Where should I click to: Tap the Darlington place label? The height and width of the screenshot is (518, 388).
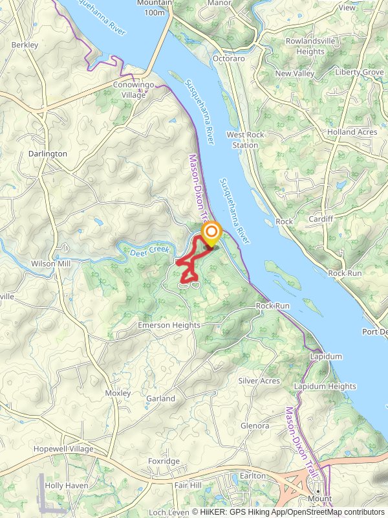48,154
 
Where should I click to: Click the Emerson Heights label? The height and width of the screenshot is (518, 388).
169,325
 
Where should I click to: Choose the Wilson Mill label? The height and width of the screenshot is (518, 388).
51,264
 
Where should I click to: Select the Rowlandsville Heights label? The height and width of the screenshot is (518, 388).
310,46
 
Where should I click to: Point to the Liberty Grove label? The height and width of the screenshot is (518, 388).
359,73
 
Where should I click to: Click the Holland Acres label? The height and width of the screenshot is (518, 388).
352,132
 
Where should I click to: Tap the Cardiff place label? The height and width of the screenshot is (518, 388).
321,219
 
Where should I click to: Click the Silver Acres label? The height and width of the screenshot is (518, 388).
259,381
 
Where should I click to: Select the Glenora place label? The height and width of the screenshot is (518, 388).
255,425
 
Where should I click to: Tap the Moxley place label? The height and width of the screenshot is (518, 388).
118,393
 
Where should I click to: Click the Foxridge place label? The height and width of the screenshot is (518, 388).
164,462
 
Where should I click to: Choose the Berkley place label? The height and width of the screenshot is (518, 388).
25,45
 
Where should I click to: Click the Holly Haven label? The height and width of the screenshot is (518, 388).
67,485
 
